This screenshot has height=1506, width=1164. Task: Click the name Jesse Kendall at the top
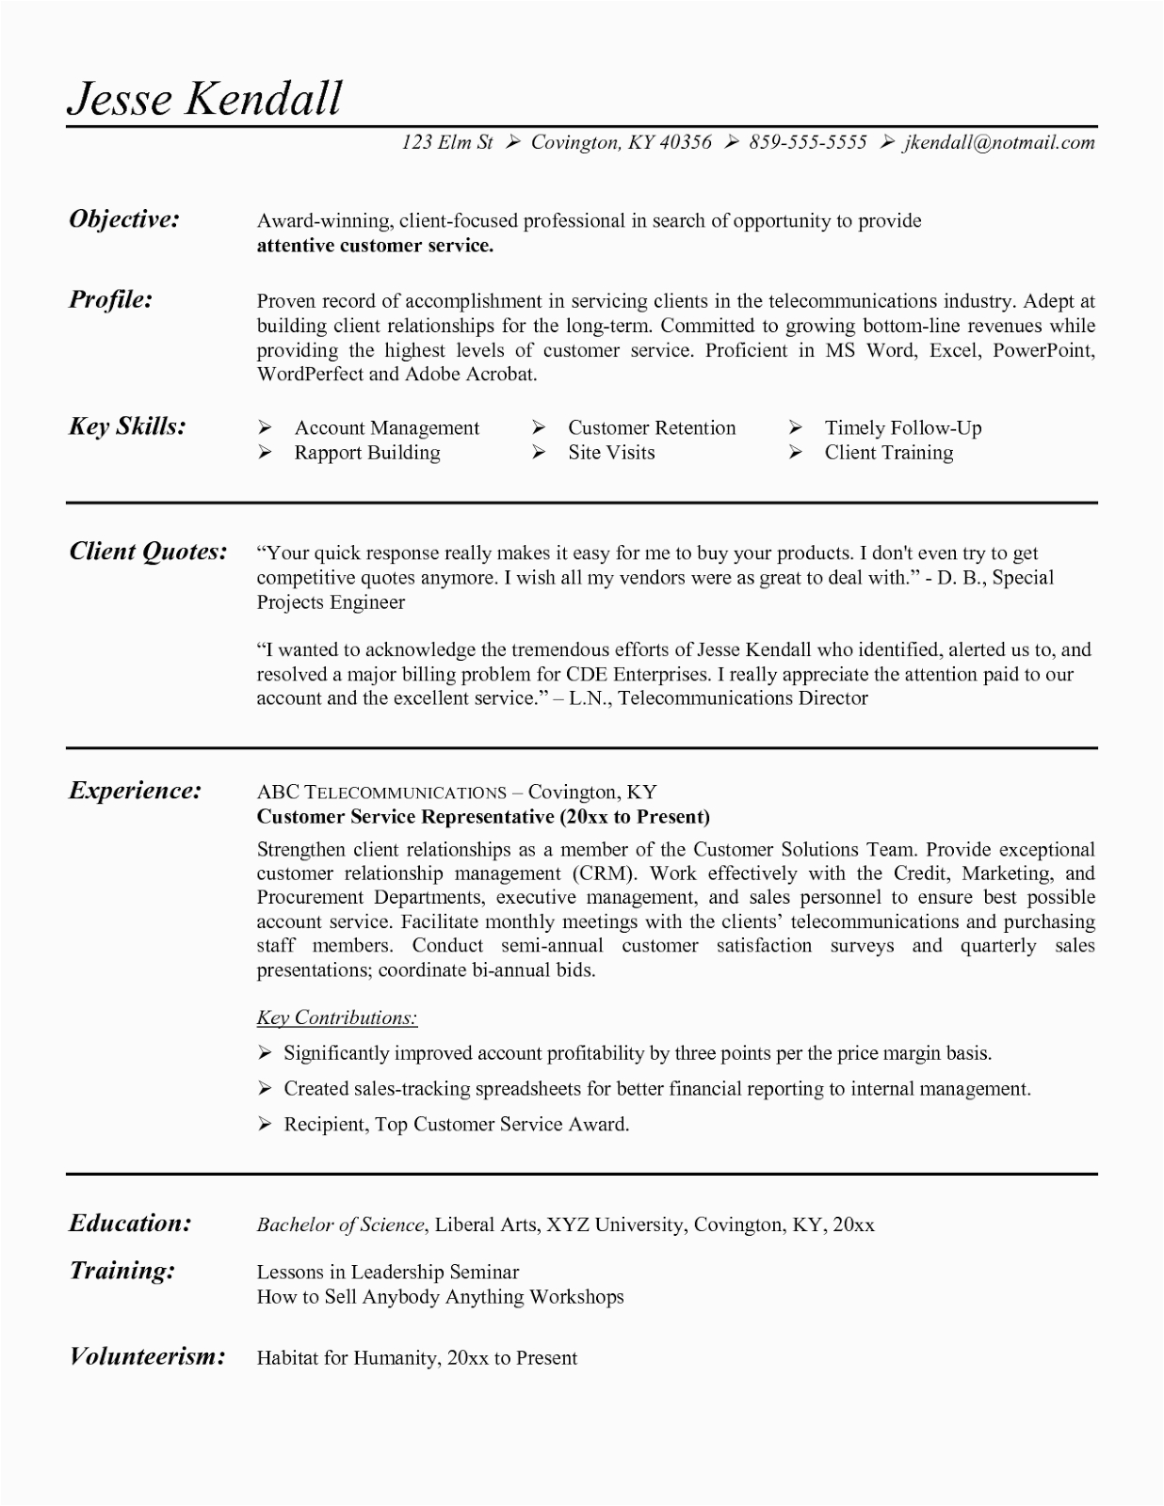click(x=204, y=98)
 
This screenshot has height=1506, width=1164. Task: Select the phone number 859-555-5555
click(x=807, y=142)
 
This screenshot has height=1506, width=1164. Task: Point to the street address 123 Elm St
click(x=446, y=142)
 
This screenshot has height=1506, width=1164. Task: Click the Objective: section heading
click(x=124, y=219)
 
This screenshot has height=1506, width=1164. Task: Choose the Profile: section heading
click(x=111, y=299)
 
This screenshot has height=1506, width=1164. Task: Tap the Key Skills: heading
click(x=127, y=426)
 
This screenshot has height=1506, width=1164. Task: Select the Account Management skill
click(x=386, y=428)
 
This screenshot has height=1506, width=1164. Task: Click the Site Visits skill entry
click(x=610, y=453)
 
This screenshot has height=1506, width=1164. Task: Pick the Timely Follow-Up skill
click(x=902, y=428)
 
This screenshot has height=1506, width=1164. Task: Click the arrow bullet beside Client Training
click(x=796, y=453)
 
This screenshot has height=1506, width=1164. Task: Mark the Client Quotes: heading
click(x=148, y=551)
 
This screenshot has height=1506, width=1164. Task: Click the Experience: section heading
click(x=135, y=790)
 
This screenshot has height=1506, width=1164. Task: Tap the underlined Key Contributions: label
click(x=336, y=1017)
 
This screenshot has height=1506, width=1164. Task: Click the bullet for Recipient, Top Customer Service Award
click(x=266, y=1124)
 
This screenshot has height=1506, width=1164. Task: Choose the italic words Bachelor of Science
click(x=340, y=1225)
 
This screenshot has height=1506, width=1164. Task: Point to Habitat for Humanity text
click(x=347, y=1358)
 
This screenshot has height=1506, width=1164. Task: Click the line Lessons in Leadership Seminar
click(x=387, y=1272)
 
